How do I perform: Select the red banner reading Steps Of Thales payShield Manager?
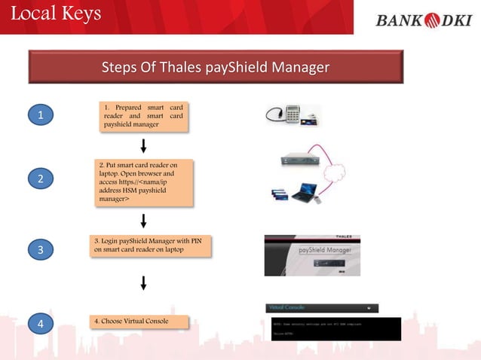(215, 69)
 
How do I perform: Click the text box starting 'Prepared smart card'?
(143, 116)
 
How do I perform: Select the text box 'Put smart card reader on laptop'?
(144, 182)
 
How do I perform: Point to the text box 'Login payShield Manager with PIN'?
(148, 245)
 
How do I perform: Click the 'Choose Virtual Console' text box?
(139, 322)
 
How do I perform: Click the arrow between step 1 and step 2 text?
(143, 145)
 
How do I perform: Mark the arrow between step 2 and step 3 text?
(143, 221)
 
